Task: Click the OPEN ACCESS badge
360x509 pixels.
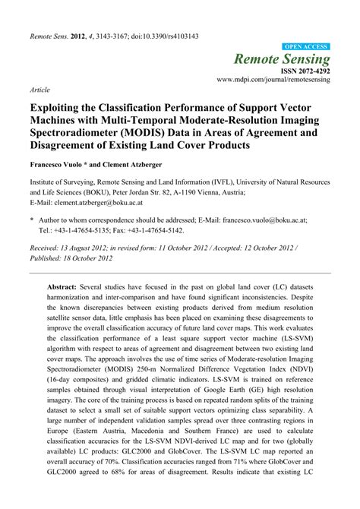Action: tap(306, 46)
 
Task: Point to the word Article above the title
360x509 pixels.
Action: tap(40, 89)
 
